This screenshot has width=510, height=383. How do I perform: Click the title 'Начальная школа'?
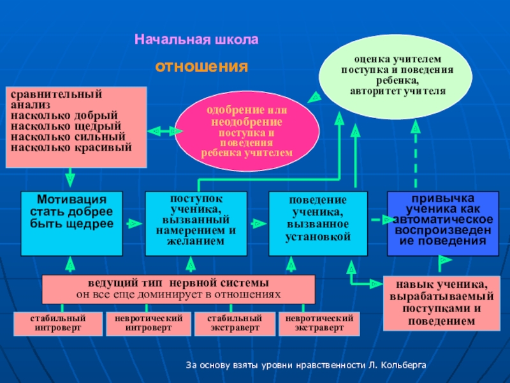(196, 40)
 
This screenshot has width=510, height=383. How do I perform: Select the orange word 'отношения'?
(201, 66)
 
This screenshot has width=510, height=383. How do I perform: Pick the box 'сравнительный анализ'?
(76, 127)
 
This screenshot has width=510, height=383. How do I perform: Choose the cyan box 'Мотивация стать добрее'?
(71, 223)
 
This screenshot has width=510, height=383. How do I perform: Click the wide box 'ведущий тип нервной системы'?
(178, 289)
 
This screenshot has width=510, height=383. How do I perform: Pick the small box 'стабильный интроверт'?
(58, 324)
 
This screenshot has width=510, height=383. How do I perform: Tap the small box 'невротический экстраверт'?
(319, 324)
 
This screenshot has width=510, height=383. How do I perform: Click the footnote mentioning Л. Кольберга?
(305, 365)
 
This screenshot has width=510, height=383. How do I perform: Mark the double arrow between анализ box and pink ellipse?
(164, 131)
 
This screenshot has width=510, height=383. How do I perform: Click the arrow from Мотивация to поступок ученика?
(133, 223)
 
